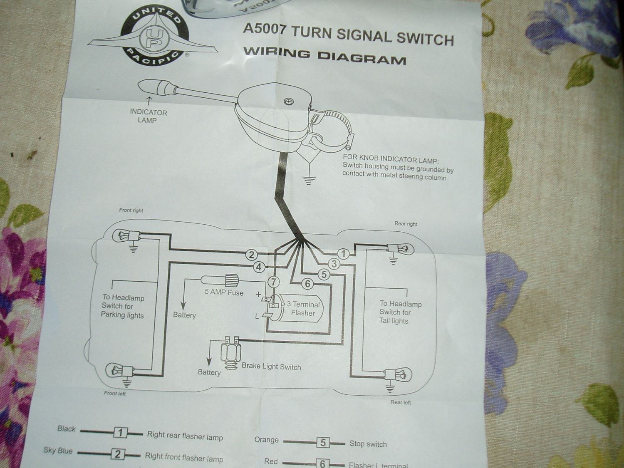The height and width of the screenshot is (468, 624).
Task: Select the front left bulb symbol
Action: tap(115, 368)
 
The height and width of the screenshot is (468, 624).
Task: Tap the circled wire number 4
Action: tap(259, 267)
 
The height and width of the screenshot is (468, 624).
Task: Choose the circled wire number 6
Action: tap(307, 284)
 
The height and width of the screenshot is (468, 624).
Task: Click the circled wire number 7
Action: tap(273, 282)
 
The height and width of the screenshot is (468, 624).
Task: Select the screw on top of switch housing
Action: tap(288, 101)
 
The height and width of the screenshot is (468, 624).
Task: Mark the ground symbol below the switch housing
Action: tap(308, 180)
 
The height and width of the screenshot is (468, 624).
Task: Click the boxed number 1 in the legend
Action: tap(120, 433)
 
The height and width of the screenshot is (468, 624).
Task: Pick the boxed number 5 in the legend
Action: tap(323, 442)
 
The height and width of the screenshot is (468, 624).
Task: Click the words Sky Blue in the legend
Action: tap(58, 451)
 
